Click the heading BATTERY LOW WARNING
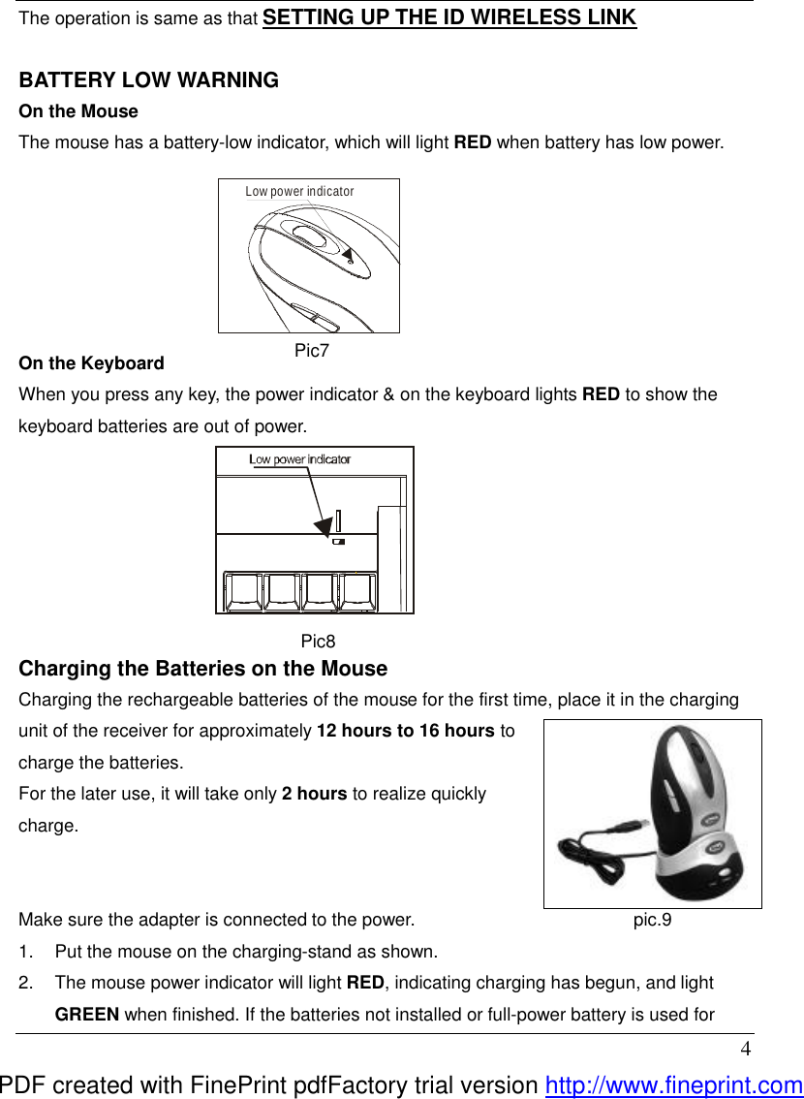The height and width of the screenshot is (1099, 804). [x=149, y=80]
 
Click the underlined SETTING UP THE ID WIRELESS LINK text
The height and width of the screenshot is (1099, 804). [x=449, y=17]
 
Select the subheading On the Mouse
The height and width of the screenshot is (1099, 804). [x=78, y=111]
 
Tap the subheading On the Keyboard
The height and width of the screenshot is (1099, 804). [x=91, y=363]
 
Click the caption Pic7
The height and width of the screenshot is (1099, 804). [x=312, y=351]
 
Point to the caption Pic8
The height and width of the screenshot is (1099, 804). [x=318, y=641]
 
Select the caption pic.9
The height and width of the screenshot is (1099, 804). [x=652, y=920]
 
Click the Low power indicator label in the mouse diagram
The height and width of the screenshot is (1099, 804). [x=299, y=192]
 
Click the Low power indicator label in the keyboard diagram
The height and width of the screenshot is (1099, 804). [x=299, y=459]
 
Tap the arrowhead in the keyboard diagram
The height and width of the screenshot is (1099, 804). [x=323, y=525]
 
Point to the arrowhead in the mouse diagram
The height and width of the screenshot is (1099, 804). [x=346, y=254]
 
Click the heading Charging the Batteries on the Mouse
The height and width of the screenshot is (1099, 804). [x=203, y=669]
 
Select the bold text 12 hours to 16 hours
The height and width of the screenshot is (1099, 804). [x=406, y=731]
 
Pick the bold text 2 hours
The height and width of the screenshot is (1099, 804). [x=314, y=794]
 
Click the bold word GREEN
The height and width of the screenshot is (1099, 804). [x=87, y=1015]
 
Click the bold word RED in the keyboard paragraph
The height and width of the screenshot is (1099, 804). [x=601, y=394]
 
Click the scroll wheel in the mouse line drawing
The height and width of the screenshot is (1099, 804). [x=307, y=235]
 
